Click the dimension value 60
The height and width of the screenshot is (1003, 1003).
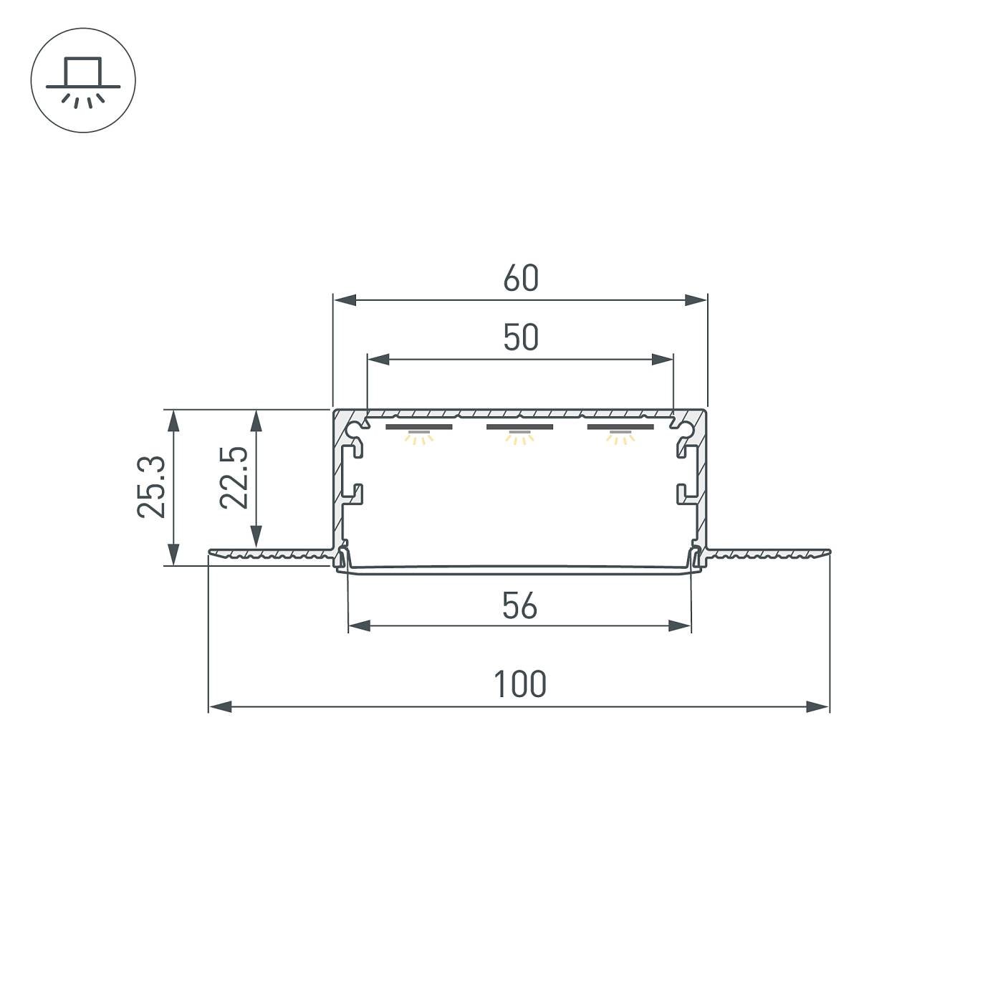(520, 279)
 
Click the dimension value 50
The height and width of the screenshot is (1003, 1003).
(520, 337)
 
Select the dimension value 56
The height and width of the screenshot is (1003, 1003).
(519, 606)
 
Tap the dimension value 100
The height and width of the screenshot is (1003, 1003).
(519, 684)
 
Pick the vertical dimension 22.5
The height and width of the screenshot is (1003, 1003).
(234, 478)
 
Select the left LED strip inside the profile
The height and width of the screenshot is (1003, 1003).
(419, 428)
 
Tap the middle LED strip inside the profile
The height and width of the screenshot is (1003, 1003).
(519, 428)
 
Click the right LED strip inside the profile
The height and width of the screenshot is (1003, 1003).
(620, 428)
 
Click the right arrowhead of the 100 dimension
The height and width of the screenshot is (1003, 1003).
(817, 707)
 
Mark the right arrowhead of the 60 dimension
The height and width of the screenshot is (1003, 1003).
(696, 300)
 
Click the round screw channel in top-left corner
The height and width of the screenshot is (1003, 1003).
(354, 429)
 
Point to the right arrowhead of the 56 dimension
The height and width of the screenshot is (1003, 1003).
(680, 626)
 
